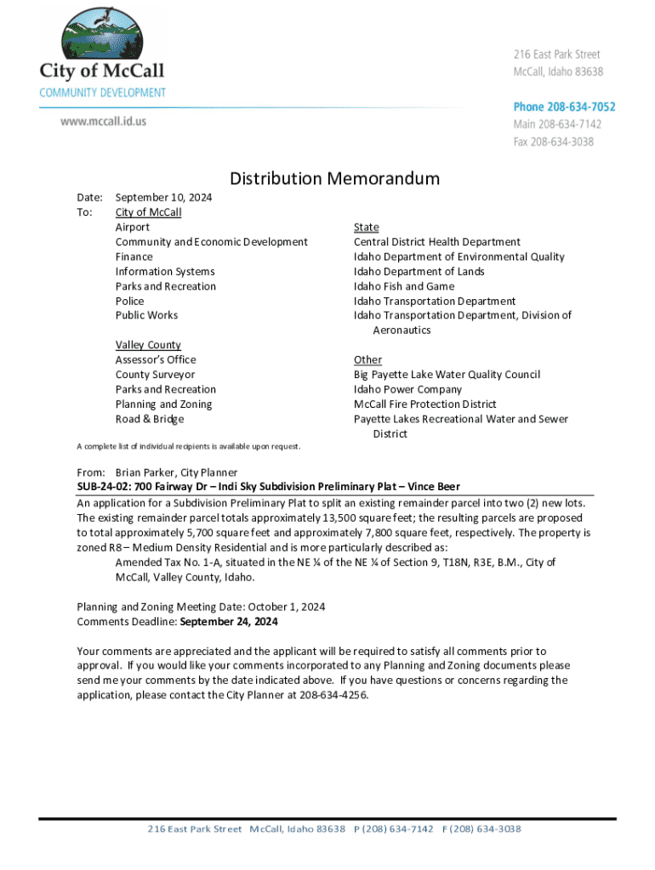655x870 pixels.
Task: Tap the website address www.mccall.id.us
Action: [x=103, y=121]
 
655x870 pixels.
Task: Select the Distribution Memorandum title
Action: [x=335, y=178]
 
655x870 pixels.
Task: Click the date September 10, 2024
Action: [x=164, y=198]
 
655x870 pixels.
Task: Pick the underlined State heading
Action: [x=366, y=228]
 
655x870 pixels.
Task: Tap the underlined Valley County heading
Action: [x=148, y=345]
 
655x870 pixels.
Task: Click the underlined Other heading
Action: [x=367, y=359]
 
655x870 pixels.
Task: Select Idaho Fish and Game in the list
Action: [x=404, y=286]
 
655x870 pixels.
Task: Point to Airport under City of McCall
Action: [x=133, y=228]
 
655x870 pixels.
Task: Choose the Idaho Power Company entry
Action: [x=407, y=389]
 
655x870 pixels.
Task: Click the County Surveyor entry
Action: [x=155, y=375]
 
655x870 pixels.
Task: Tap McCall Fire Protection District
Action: [x=424, y=404]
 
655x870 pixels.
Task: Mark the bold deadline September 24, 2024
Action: [x=230, y=622]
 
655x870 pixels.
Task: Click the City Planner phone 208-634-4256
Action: [x=335, y=695]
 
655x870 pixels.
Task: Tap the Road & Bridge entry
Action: [x=150, y=419]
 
